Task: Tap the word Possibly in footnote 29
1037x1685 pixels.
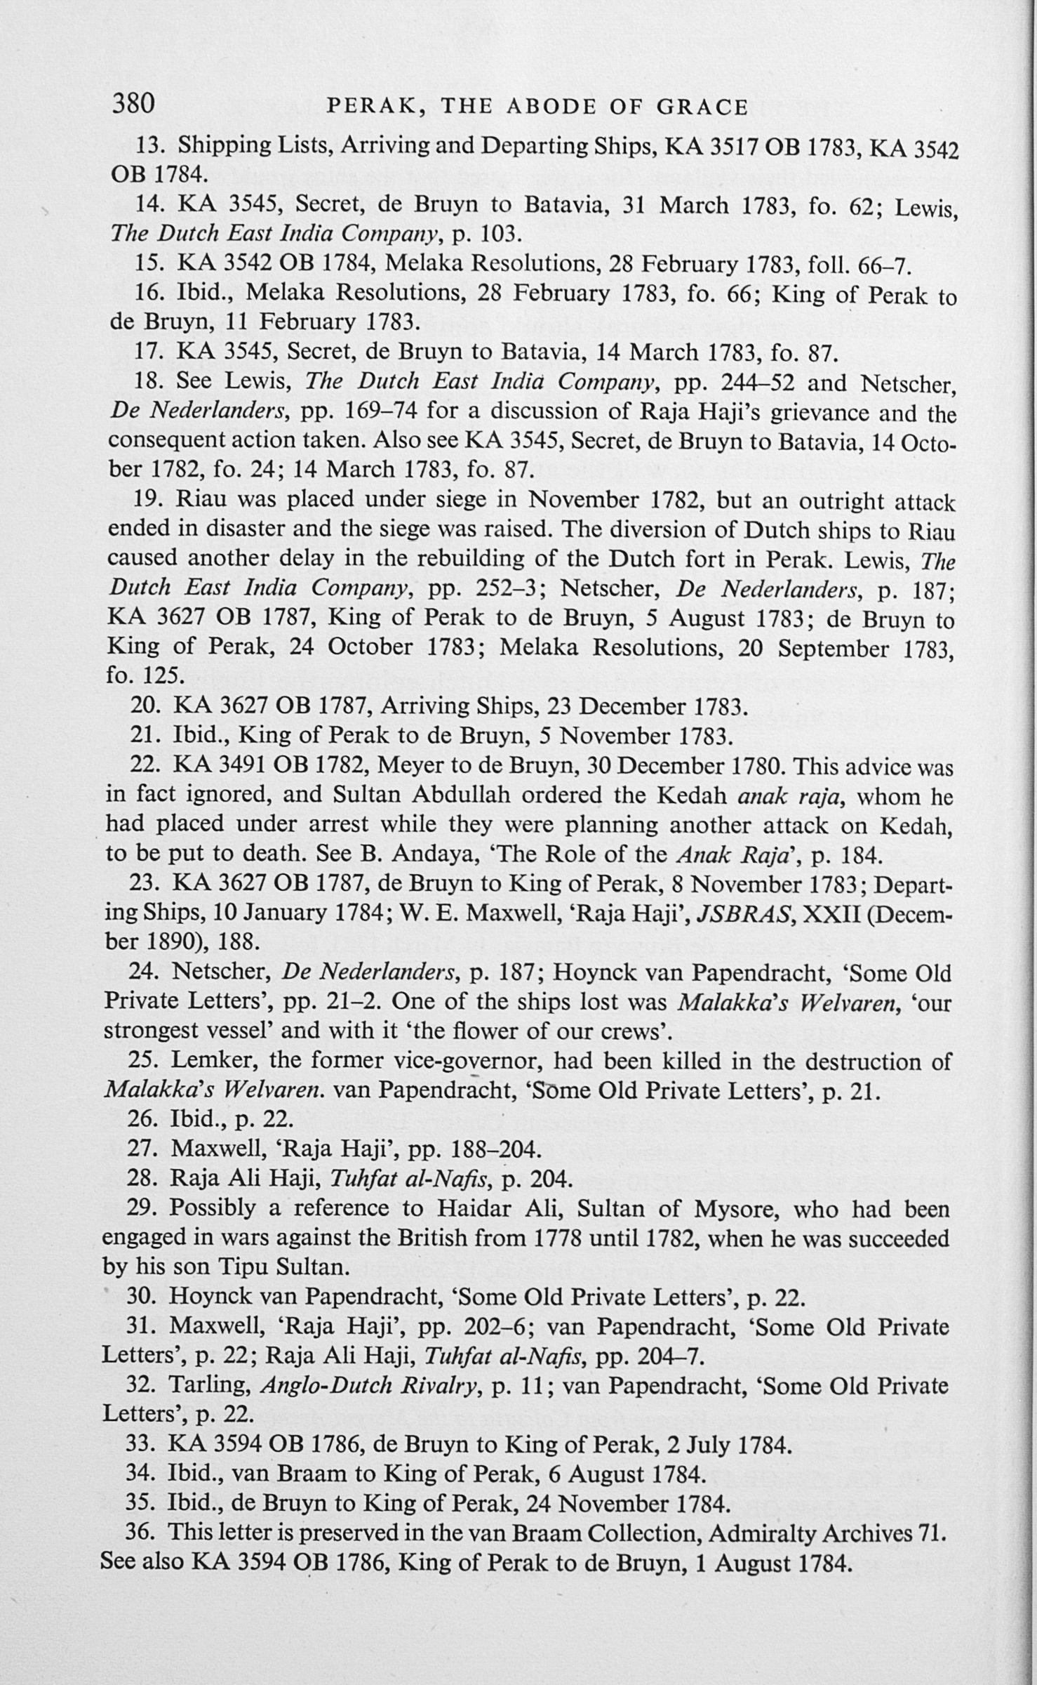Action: (212, 1210)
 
